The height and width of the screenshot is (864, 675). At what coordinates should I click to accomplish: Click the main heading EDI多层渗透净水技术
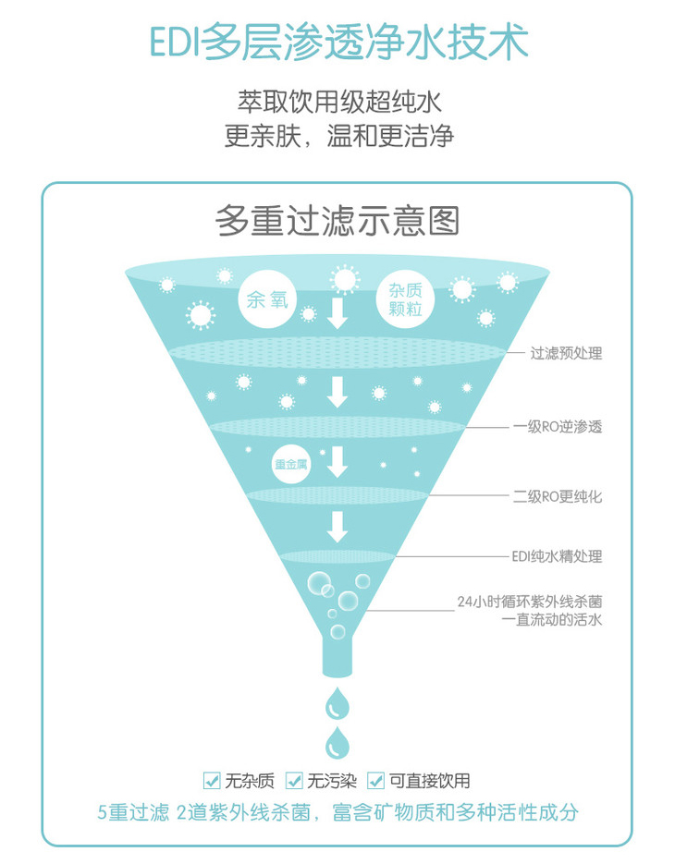click(x=338, y=43)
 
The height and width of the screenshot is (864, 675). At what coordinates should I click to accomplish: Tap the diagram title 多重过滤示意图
click(x=337, y=221)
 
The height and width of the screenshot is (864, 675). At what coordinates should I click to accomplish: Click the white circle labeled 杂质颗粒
click(x=406, y=300)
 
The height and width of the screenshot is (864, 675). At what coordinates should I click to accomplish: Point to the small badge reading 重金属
click(x=290, y=466)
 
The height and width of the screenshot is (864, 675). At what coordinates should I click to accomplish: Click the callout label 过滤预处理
click(x=566, y=354)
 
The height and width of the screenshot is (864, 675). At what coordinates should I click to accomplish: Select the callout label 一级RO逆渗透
click(x=558, y=428)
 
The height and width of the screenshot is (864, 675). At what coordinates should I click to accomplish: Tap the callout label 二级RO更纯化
click(x=558, y=496)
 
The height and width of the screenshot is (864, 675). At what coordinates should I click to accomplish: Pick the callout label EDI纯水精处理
click(x=557, y=556)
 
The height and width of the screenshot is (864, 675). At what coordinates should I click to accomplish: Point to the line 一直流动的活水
click(x=551, y=620)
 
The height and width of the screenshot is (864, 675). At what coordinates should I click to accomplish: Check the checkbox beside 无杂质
click(x=212, y=781)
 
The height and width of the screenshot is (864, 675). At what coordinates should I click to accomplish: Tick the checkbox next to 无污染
click(x=294, y=781)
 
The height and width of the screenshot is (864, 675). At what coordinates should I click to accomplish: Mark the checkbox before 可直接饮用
click(x=375, y=781)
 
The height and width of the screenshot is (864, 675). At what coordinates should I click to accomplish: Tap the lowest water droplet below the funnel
click(x=337, y=743)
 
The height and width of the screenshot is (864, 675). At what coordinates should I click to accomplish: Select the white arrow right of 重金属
click(x=337, y=461)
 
